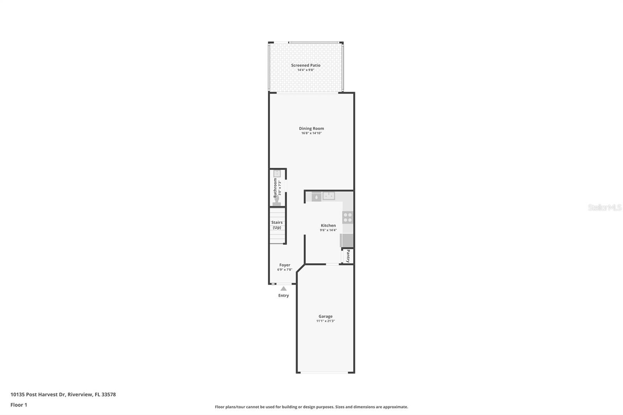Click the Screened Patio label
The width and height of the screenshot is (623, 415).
(x=306, y=65)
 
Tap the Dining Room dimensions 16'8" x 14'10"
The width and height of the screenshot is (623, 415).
(x=311, y=133)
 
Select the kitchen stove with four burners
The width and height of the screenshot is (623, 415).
(x=348, y=217)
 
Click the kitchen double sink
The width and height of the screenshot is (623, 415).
(x=329, y=196)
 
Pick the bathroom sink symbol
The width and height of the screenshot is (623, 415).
(x=277, y=174)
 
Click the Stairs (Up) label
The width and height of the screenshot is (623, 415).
(x=277, y=225)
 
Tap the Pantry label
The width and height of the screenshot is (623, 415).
(x=348, y=256)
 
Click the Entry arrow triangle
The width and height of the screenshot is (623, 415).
(x=283, y=288)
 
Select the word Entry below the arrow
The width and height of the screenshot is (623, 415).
(x=283, y=295)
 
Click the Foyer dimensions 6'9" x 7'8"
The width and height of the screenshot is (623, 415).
(x=285, y=269)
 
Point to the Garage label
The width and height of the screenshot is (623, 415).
(x=326, y=317)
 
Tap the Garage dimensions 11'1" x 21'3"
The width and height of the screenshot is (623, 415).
(x=326, y=321)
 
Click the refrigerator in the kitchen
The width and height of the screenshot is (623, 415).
(x=347, y=240)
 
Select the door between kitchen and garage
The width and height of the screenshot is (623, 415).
(x=332, y=265)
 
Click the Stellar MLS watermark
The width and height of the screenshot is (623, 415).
(x=604, y=207)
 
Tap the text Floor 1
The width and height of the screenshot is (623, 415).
(x=19, y=405)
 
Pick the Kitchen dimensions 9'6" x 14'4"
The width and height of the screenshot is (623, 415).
(x=328, y=230)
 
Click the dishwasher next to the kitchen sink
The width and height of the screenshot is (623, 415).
(x=317, y=197)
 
